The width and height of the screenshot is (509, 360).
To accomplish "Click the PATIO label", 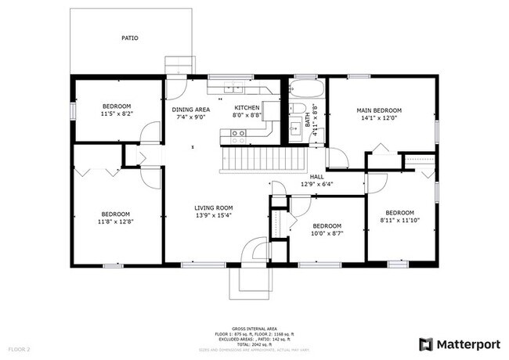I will point(130,37).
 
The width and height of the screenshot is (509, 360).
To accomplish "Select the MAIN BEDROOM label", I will point(379,110).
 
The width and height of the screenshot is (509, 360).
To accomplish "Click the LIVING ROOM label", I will point(214,207).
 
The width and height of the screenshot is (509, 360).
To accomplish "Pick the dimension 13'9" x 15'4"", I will point(214,215).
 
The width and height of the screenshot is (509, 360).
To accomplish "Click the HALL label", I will point(316,177).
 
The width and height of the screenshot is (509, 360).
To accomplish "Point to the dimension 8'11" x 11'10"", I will point(399,221).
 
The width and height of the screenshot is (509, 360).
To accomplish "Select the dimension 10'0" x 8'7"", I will point(327,233).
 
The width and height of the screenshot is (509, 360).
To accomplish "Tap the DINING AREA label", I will point(191,110).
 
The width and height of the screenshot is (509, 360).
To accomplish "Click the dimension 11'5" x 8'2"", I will point(117,114).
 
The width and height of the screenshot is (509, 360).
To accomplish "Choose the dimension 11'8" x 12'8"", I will point(116,222).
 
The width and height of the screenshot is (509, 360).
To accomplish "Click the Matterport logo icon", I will point(427,344).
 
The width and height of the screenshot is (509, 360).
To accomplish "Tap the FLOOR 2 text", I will point(20,348).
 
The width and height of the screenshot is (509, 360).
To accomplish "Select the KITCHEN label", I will point(247,107).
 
